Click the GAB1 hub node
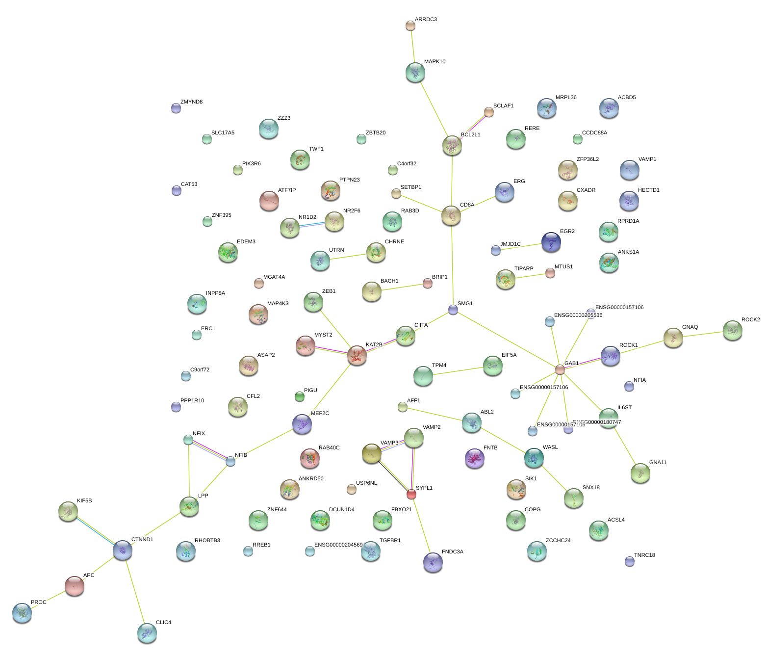pos(560,369)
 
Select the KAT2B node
pos(357,355)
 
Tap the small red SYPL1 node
pos(411,494)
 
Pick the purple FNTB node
pos(474,458)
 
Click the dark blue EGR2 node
pos(551,242)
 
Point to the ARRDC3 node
pos(410,26)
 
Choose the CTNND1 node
pos(122,550)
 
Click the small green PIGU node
pos(300,396)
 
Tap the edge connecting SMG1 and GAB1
pos(507,340)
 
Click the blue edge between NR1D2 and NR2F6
pos(312,225)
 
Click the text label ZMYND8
pos(191,102)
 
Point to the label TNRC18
pos(644,555)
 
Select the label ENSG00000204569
pos(338,545)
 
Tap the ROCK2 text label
pos(750,320)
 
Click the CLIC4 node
pos(147,633)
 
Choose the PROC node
pos(22,612)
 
